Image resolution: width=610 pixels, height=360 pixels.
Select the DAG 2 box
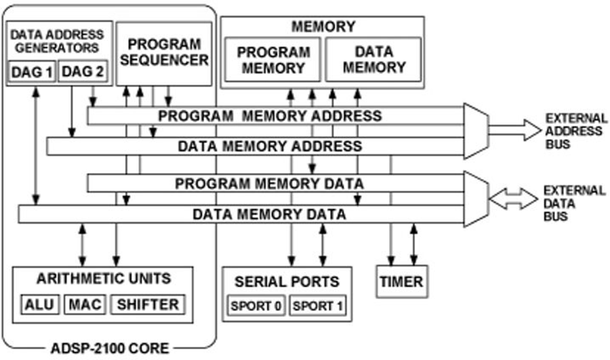click(x=81, y=71)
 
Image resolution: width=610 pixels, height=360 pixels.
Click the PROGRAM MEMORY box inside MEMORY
click(x=272, y=60)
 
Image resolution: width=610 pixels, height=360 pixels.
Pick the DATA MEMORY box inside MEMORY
click(x=373, y=60)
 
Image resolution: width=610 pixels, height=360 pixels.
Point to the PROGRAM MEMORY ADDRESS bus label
click(x=270, y=115)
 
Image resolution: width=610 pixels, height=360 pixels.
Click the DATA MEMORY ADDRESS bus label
click(x=270, y=146)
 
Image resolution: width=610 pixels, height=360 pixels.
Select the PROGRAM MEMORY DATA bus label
click(x=270, y=183)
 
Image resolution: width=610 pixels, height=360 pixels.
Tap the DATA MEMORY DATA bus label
click(x=270, y=214)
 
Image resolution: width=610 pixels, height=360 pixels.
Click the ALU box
click(x=40, y=304)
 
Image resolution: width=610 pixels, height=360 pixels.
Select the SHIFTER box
click(x=147, y=304)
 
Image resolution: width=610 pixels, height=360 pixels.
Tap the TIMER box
click(x=400, y=281)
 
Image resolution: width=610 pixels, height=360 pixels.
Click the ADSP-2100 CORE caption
click(x=110, y=349)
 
